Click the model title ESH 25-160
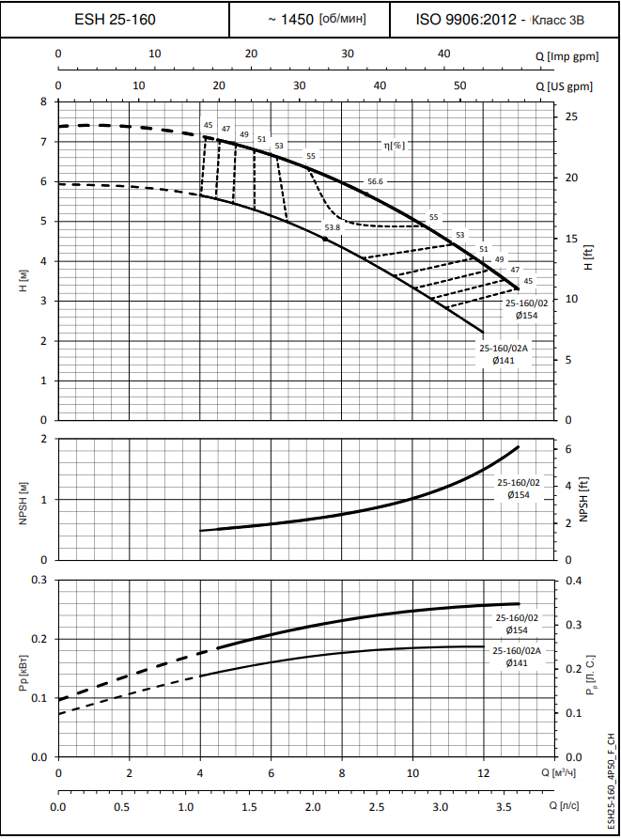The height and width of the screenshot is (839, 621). pos(116,19)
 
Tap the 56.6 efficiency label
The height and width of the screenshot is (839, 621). pos(376,181)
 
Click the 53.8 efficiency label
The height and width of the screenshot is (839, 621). pos(333,227)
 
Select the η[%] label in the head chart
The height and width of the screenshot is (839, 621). pos(394,145)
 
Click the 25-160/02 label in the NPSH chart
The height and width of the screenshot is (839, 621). pos(519,482)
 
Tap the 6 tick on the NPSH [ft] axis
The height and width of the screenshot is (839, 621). pos(568,449)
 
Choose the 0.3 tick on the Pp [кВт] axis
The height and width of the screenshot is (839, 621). pos(39,580)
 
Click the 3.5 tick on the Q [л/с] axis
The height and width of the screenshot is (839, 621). pos(504,807)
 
